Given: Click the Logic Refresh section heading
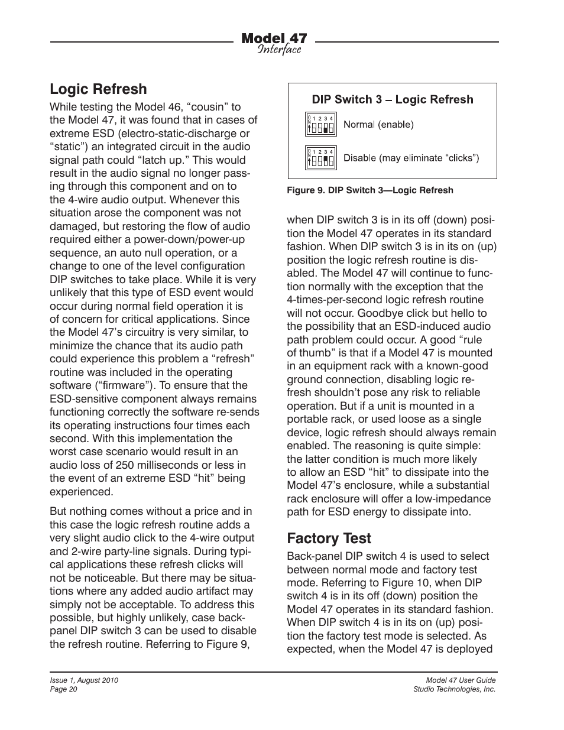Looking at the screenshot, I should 98,89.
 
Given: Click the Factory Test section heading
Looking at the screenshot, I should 329,538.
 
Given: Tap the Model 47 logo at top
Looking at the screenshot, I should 274,38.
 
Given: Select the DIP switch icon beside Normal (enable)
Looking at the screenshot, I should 321,125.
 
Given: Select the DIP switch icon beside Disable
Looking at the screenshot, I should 321,158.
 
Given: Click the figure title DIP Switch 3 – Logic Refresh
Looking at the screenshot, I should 393,100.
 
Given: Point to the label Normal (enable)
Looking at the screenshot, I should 378,125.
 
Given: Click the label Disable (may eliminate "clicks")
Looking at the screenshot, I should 411,158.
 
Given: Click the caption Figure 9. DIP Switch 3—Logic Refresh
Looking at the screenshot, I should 370,190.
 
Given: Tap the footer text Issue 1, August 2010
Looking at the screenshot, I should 84,680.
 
